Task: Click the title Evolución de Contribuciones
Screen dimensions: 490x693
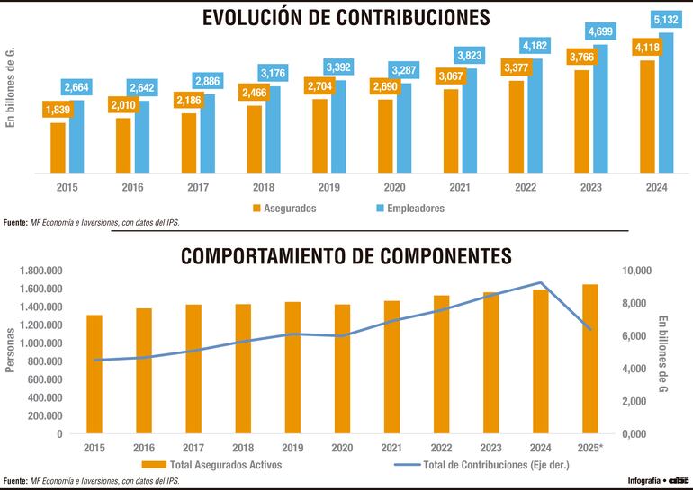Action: coord(346,18)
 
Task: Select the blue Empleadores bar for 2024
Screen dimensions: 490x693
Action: coord(666,102)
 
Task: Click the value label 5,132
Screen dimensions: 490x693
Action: coord(665,18)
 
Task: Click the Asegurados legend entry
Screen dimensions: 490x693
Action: coord(284,208)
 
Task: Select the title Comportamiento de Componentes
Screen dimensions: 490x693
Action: coord(346,255)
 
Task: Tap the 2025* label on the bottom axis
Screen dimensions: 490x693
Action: coord(589,447)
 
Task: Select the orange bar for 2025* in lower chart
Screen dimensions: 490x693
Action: coord(589,359)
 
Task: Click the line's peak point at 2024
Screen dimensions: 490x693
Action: coord(540,282)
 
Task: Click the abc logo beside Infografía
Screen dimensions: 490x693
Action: coord(679,478)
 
